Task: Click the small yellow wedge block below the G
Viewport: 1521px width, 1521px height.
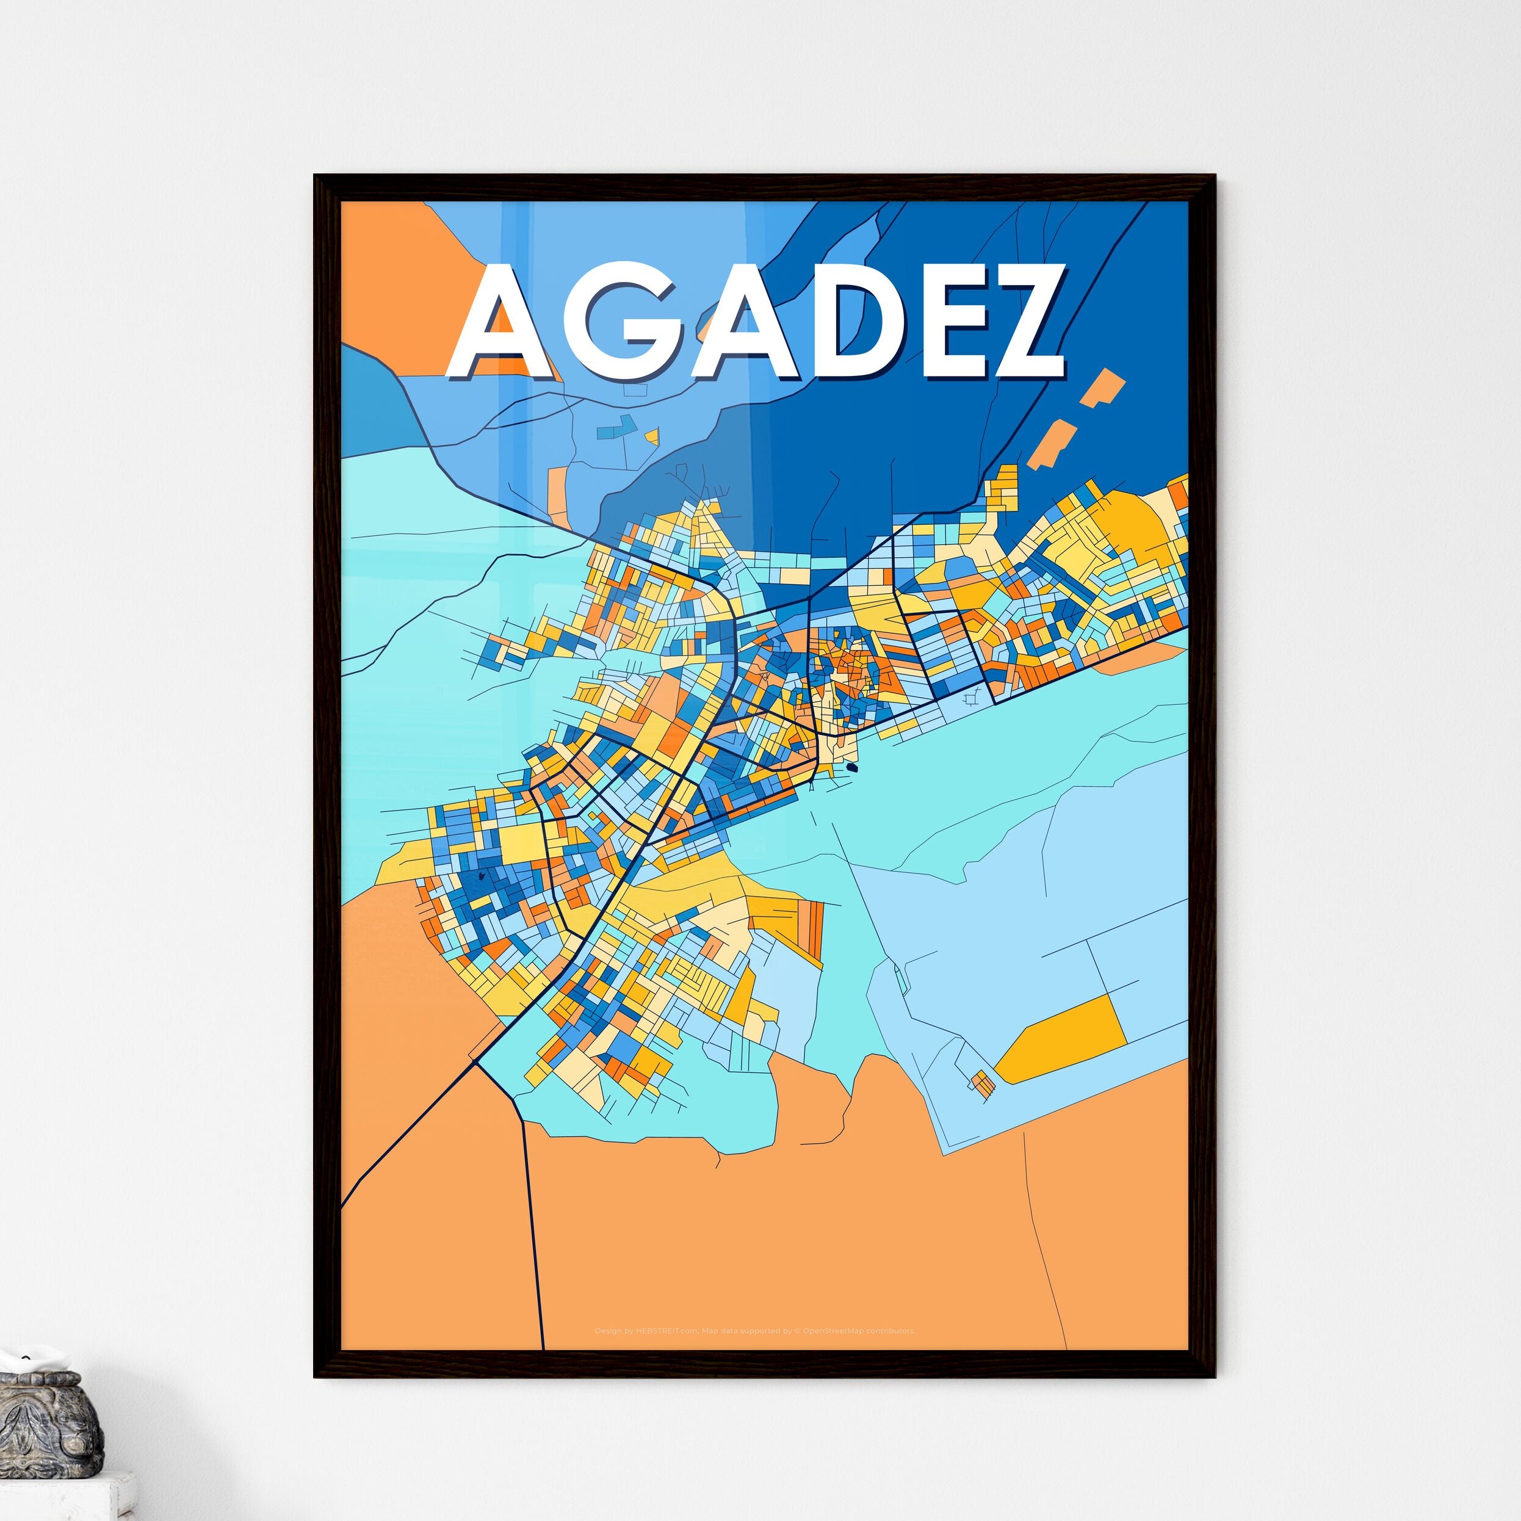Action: tap(651, 435)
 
